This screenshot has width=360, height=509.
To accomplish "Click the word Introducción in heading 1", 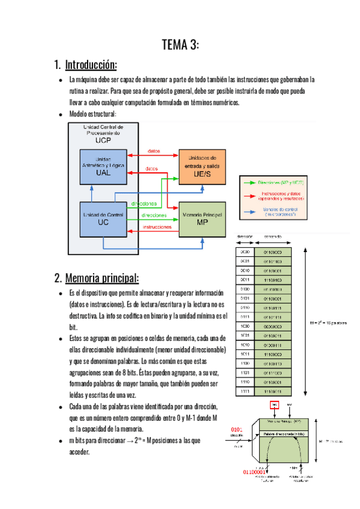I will (x=91, y=64).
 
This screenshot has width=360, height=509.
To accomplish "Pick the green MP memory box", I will (x=202, y=219).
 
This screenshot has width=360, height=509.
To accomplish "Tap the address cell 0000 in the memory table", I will (x=244, y=253).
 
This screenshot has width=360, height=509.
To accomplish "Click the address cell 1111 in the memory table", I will (x=244, y=391).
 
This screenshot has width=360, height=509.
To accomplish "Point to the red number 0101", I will (x=238, y=430).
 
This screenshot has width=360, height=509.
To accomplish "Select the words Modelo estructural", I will (x=92, y=114).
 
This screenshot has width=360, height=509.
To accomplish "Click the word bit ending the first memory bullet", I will (x=73, y=328).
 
